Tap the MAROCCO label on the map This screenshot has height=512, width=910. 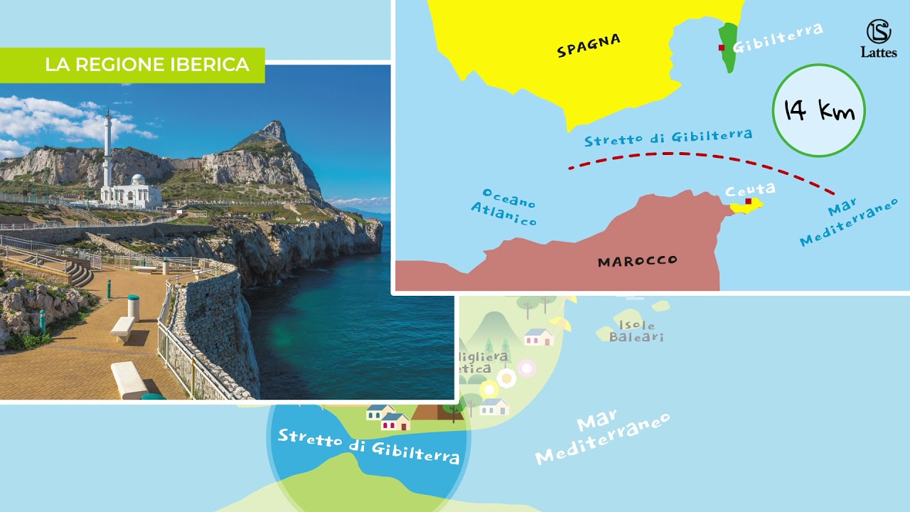tap(637, 261)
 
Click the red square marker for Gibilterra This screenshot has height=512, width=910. tap(722, 48)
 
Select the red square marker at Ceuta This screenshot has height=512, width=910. tap(748, 201)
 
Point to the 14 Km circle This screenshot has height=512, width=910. tap(818, 110)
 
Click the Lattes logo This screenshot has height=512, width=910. tap(879, 38)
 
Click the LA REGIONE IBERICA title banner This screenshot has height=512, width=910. tap(146, 65)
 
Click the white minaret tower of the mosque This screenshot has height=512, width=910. tap(107, 149)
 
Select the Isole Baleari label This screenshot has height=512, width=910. tap(636, 331)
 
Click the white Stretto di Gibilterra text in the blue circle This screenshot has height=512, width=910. tap(368, 444)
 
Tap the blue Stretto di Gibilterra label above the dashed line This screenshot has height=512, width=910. tap(668, 137)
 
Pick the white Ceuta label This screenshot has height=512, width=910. tap(749, 189)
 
